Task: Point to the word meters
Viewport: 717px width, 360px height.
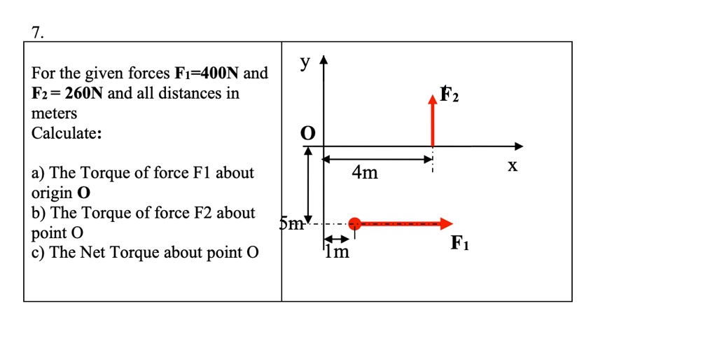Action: tap(55, 113)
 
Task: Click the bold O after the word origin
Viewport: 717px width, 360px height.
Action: tap(85, 193)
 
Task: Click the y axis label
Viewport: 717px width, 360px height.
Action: tap(304, 63)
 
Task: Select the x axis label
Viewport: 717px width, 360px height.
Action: tap(513, 167)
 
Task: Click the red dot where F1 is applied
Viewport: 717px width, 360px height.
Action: tap(355, 224)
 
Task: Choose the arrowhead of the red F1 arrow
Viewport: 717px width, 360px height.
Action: tap(446, 224)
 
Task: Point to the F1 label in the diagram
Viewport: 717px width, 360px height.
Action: tap(460, 244)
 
